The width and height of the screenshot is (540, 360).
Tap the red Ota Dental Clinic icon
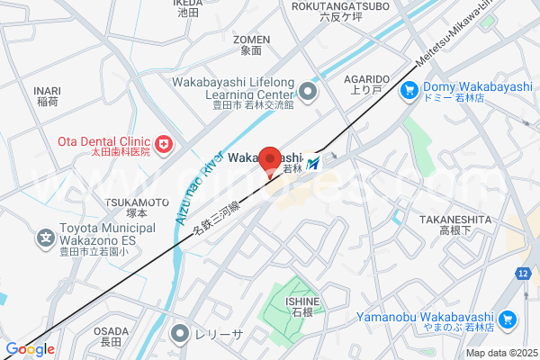pyautogui.click(x=163, y=142)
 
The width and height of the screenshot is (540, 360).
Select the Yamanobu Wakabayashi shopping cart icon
pyautogui.click(x=508, y=318)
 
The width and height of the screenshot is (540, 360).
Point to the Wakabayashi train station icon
pyautogui.click(x=313, y=164)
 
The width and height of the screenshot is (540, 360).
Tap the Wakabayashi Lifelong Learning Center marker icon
pyautogui.click(x=309, y=90)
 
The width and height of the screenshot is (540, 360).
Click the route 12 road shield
pyautogui.click(x=522, y=273)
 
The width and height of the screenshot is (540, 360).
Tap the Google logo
pyautogui.click(x=30, y=349)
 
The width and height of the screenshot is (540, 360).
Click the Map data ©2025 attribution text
pyautogui.click(x=500, y=353)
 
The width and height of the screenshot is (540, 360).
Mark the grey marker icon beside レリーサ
pyautogui.click(x=183, y=333)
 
